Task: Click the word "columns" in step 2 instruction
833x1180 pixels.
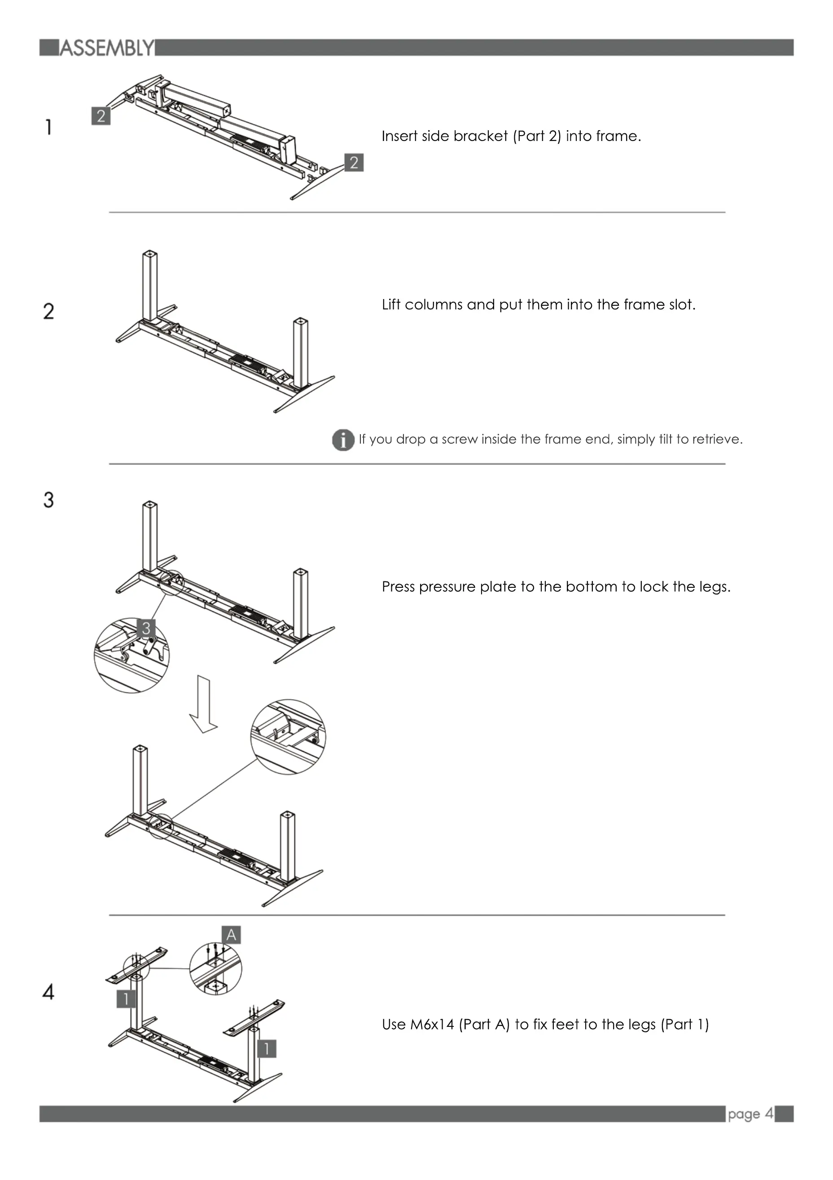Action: (x=434, y=305)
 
